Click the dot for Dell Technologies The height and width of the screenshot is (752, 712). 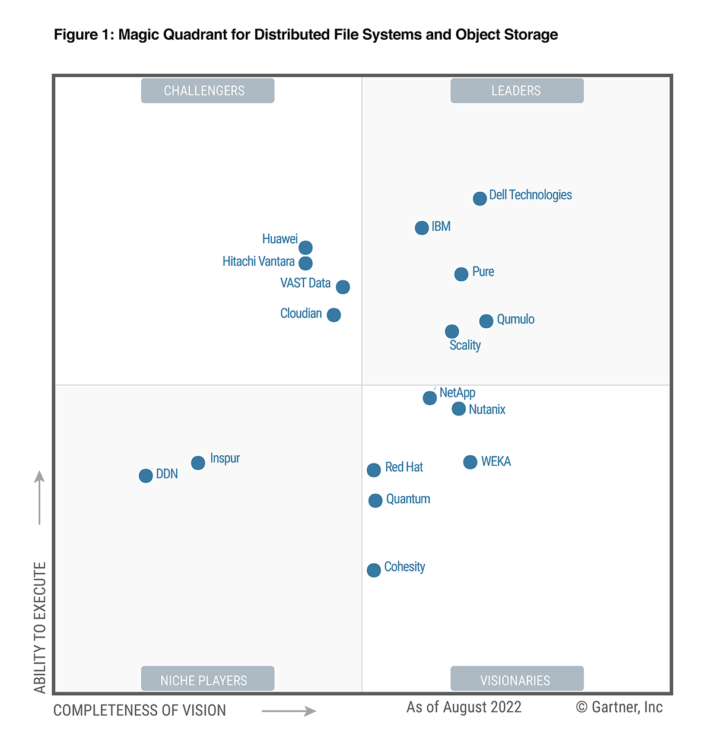point(480,198)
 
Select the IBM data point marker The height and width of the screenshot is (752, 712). point(422,228)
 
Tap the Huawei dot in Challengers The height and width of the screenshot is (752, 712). point(306,248)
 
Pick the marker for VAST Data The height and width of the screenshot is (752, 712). point(343,287)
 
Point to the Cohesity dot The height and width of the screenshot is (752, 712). point(374,570)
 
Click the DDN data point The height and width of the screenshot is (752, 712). point(146,475)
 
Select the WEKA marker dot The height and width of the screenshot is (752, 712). point(470,462)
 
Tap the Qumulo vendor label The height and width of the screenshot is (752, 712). point(516,319)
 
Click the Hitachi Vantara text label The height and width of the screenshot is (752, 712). point(258,262)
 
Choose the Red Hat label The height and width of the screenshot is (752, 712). point(404,467)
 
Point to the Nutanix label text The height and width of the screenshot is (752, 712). point(487,410)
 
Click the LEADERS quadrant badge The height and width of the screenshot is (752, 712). point(517,91)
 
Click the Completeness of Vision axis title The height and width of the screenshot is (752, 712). point(140,710)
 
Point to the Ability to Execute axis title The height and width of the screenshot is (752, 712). point(40,627)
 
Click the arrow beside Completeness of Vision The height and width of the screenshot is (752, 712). point(289,711)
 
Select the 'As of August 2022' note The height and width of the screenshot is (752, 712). point(464,707)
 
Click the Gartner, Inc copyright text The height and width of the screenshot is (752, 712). point(619,707)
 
